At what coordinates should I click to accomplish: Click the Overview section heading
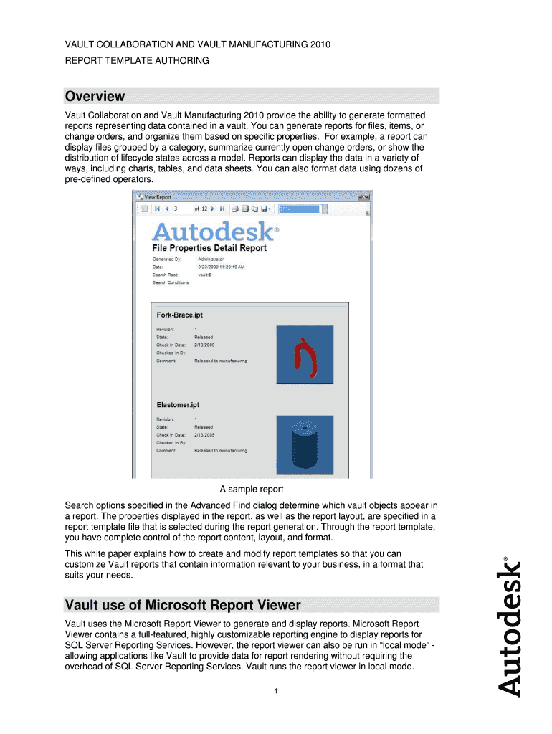click(95, 97)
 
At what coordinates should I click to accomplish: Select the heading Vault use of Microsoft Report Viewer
click(183, 604)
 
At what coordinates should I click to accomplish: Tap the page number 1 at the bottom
click(275, 691)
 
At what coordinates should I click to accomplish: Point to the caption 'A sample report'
click(252, 490)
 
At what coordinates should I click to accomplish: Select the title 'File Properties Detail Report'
click(209, 248)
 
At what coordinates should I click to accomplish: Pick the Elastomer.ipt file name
click(179, 405)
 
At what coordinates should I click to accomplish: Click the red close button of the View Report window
click(366, 196)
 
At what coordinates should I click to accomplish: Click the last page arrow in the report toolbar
click(222, 209)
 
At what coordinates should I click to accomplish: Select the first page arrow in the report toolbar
click(157, 209)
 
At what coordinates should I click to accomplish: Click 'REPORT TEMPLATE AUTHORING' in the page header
click(137, 61)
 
